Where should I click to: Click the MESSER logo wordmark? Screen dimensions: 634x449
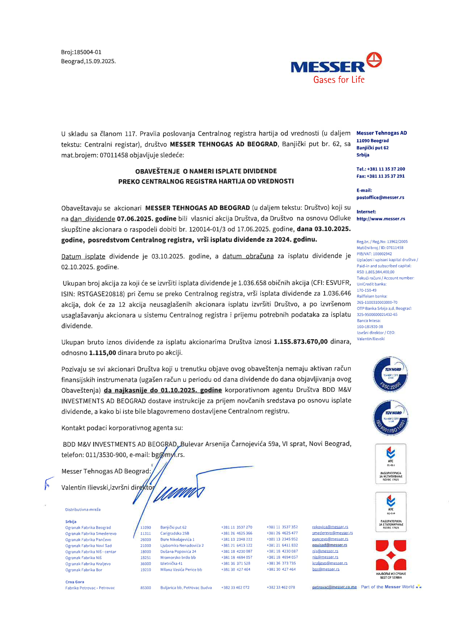(x=328, y=67)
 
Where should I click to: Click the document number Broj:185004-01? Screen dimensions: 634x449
(x=81, y=52)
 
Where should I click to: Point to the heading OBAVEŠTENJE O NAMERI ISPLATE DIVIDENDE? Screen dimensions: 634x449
(x=206, y=171)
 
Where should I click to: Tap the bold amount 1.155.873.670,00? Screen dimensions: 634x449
(x=301, y=342)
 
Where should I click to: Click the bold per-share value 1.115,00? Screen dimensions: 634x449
(x=102, y=353)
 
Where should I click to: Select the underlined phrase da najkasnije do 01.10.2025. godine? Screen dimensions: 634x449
(x=163, y=390)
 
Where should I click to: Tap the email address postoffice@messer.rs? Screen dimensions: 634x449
(x=380, y=197)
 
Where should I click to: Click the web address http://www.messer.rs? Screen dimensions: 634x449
(x=381, y=219)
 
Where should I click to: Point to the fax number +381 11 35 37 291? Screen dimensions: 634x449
(x=385, y=176)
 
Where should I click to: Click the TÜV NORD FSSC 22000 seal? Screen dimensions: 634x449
(x=391, y=375)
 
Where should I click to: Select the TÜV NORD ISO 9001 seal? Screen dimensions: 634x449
(x=391, y=418)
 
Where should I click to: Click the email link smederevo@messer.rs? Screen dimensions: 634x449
(x=332, y=533)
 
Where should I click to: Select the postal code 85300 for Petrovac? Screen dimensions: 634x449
(x=145, y=588)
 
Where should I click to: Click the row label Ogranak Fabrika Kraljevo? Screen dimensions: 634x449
(x=88, y=564)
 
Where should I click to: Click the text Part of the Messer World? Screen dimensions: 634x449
(x=387, y=587)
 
